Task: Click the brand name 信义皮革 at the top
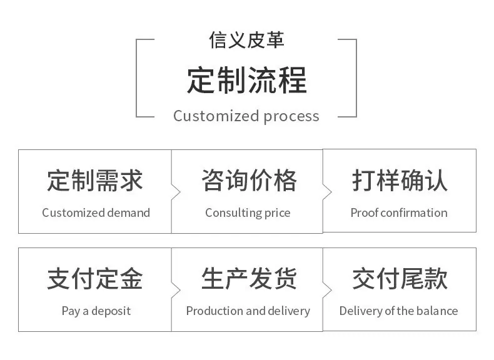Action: tap(246, 40)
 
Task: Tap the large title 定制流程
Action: tap(246, 81)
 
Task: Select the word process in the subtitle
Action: tap(291, 117)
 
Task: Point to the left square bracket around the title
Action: tap(136, 78)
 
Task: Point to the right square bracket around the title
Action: tap(356, 78)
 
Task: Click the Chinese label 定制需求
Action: tap(95, 181)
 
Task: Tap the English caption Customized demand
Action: tap(96, 213)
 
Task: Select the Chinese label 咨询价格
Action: tap(249, 181)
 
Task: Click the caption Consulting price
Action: tap(248, 213)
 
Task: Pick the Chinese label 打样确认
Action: tap(400, 181)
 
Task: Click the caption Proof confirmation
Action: tap(399, 213)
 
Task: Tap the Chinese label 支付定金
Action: tap(95, 279)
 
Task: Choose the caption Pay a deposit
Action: tap(96, 311)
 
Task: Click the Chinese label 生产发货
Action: tap(249, 279)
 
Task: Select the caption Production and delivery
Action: tap(248, 311)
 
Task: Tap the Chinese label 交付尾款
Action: tap(400, 279)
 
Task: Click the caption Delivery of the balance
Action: tap(398, 311)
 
